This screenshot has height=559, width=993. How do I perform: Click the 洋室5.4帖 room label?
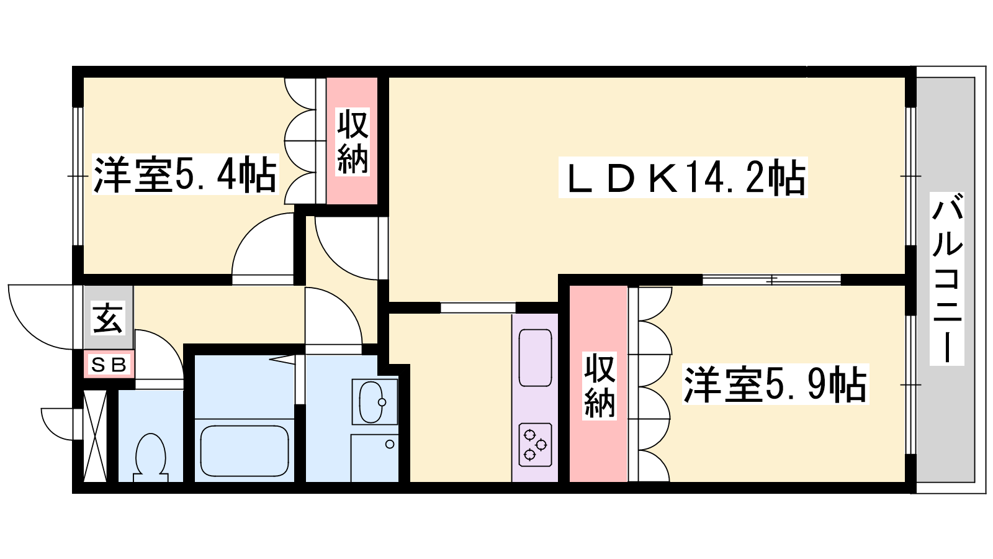[185, 175]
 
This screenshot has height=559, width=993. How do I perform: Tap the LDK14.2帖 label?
[683, 177]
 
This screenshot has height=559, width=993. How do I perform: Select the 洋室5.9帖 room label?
[775, 384]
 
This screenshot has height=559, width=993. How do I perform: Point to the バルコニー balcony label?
[947, 279]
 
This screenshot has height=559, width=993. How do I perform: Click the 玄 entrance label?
[108, 317]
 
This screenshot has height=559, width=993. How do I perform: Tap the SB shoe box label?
[109, 365]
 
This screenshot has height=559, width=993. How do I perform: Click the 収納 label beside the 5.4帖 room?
[353, 142]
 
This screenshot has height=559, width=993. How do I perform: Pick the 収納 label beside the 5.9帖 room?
[600, 386]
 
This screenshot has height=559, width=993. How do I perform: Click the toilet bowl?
[150, 457]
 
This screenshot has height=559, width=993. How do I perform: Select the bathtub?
[245, 450]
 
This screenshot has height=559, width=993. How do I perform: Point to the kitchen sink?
[536, 358]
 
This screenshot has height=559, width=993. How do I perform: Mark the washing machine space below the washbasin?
[375, 458]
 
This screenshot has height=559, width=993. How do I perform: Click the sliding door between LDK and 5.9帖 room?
[772, 280]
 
